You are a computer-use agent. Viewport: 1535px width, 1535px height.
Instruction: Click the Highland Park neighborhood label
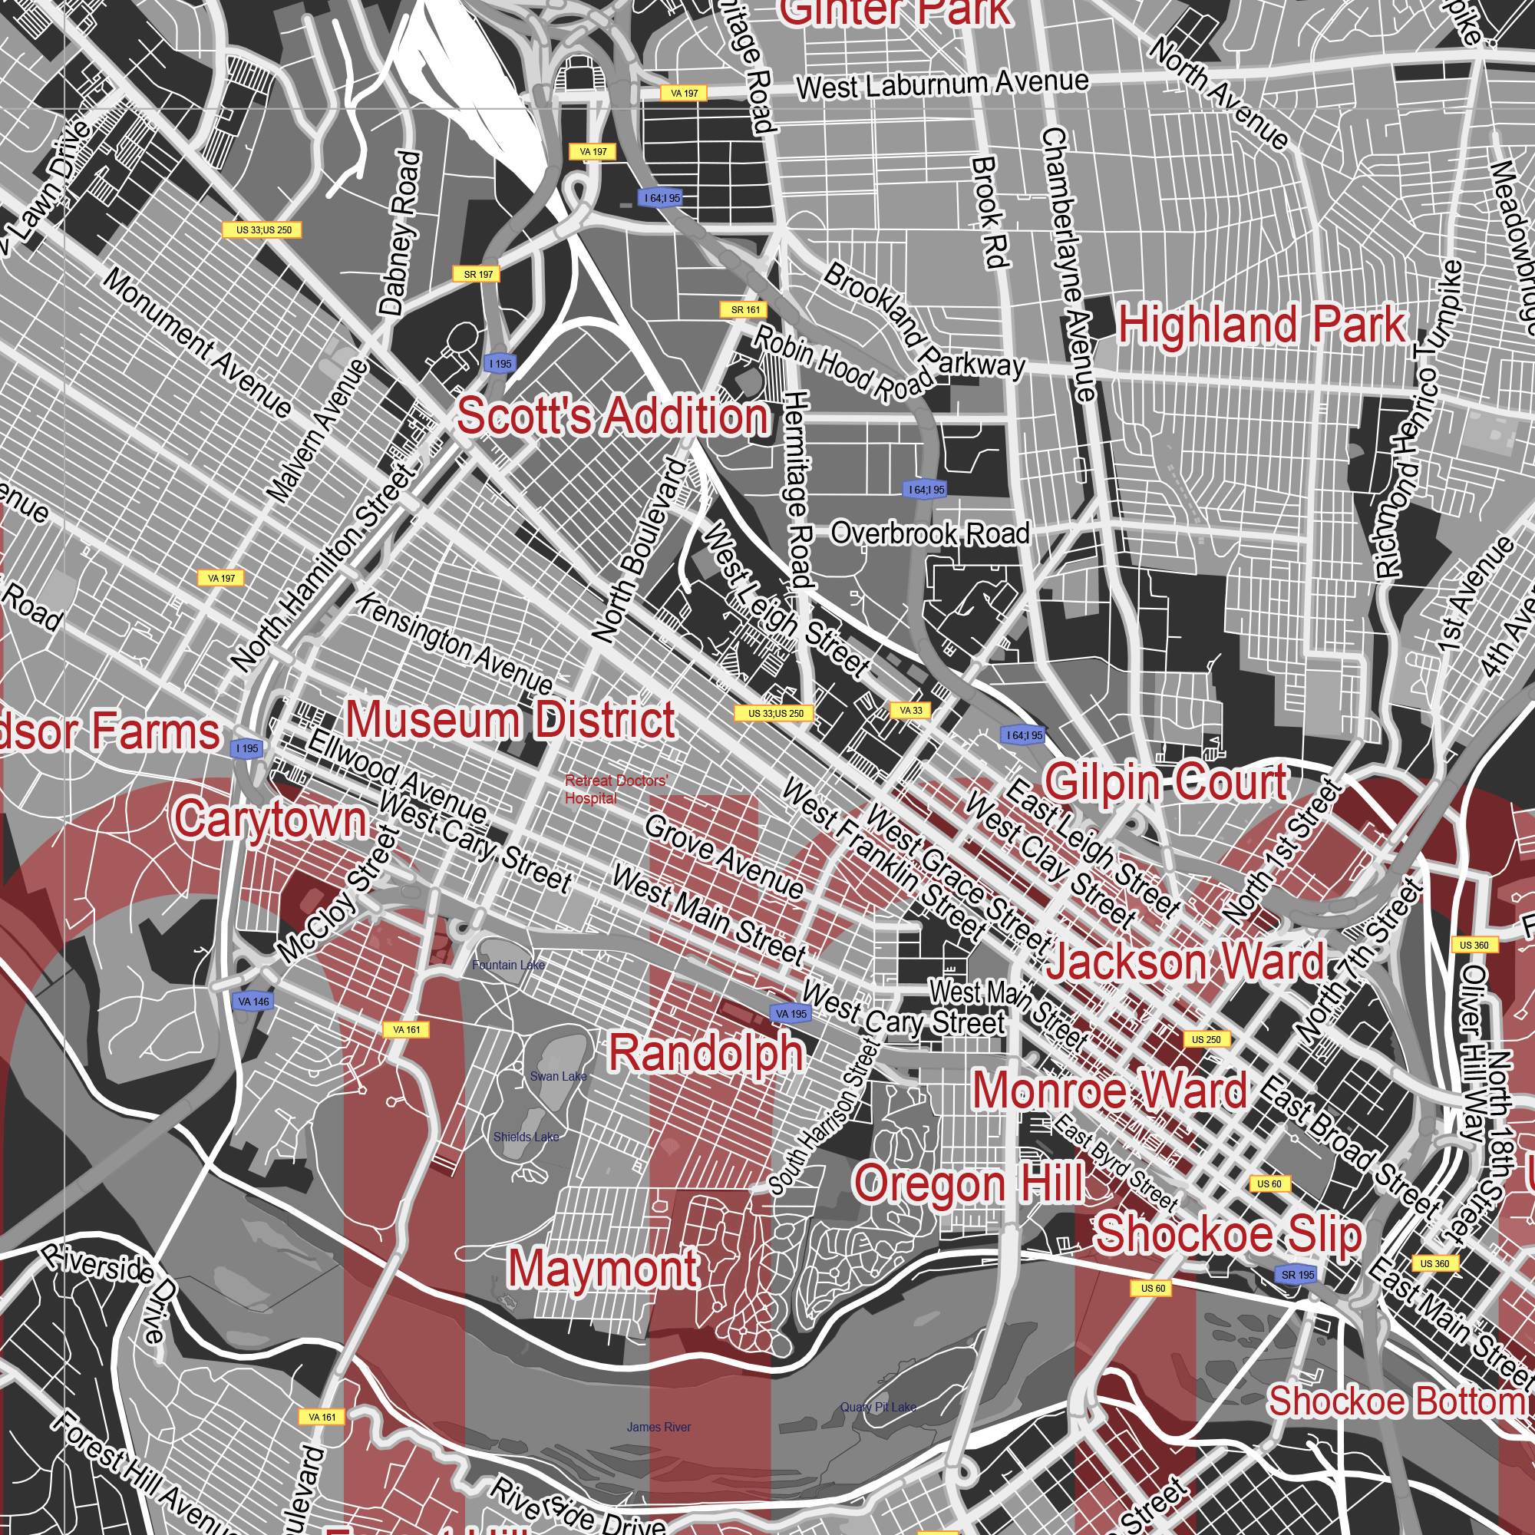point(1262,325)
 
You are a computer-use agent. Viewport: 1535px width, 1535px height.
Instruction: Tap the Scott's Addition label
point(612,416)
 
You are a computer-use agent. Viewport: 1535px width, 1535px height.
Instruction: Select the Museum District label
point(510,720)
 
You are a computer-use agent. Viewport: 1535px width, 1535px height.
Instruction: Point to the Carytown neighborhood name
point(270,819)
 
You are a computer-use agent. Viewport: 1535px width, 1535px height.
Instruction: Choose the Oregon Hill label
point(969,1183)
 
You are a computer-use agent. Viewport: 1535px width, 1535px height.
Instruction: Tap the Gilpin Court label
point(1166,782)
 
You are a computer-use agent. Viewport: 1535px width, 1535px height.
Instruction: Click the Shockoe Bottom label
point(1396,1401)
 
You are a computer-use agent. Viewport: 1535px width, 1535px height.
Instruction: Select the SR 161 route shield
point(744,310)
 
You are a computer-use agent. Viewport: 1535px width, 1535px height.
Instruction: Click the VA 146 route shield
point(253,1002)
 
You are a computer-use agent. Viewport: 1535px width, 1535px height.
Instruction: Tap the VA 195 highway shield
point(791,1014)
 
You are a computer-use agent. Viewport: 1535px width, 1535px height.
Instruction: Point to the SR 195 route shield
point(1299,1274)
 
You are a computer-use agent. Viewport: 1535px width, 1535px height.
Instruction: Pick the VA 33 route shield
point(910,710)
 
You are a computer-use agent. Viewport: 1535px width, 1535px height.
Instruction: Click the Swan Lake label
point(558,1077)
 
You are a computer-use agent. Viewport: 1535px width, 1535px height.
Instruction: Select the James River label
point(658,1427)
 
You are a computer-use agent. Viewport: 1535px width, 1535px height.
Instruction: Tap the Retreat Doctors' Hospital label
point(616,789)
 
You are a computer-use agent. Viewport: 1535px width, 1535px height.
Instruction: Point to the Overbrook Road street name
point(930,533)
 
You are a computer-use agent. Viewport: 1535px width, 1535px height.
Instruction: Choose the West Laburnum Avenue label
point(942,84)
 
